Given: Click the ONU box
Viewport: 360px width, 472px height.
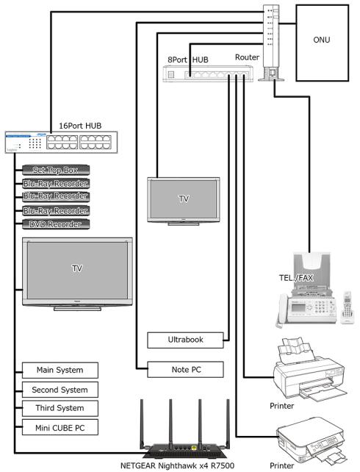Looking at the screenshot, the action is tap(322, 43).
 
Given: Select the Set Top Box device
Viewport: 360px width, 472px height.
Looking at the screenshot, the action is tap(56, 170).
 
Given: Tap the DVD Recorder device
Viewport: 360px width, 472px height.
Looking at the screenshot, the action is tap(56, 224).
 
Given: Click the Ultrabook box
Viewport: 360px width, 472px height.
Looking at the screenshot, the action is tap(185, 340).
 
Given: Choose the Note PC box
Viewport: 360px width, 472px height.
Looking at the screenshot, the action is tap(185, 369).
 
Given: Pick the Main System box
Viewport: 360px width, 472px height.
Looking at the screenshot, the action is tap(60, 371).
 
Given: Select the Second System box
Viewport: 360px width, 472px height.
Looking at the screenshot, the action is tap(60, 390).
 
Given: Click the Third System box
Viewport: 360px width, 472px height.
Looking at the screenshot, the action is tap(60, 409).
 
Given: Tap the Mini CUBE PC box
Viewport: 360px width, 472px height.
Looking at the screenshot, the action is tap(60, 427).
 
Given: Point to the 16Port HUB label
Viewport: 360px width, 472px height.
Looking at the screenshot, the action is tap(80, 126).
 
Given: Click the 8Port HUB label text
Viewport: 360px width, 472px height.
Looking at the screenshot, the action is tap(188, 60).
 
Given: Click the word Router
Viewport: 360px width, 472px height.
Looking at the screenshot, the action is tap(247, 57).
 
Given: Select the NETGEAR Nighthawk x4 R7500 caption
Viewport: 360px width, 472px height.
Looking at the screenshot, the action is tap(177, 465).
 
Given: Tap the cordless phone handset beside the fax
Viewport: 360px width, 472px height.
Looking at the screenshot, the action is tap(347, 307).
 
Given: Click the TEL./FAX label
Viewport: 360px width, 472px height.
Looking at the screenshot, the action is tap(296, 278).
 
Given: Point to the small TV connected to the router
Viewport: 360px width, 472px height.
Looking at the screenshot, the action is tap(184, 201).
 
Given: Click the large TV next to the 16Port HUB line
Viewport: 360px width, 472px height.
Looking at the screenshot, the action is tap(77, 274).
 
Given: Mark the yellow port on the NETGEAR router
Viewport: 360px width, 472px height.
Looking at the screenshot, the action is tap(194, 448).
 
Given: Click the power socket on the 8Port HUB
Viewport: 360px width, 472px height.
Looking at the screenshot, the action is tap(171, 74).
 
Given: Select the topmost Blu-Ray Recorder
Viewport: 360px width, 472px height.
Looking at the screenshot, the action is tap(56, 184).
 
